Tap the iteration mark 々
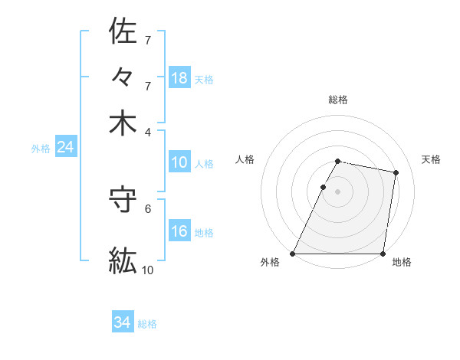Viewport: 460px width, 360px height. [123, 78]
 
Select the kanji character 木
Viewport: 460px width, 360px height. [123, 124]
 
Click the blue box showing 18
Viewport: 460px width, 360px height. [179, 78]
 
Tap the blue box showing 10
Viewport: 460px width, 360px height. [179, 162]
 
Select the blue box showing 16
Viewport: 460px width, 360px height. [179, 231]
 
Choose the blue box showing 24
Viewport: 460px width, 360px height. [65, 147]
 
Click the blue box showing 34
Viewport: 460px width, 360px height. [123, 323]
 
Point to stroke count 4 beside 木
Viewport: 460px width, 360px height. [148, 132]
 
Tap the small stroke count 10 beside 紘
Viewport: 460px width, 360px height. [148, 270]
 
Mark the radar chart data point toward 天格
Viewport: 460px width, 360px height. [396, 173]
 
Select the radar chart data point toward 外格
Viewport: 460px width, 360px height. [293, 254]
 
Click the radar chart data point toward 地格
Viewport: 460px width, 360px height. [383, 254]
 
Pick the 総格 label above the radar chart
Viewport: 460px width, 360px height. [338, 100]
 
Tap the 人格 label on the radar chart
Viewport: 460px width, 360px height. [245, 159]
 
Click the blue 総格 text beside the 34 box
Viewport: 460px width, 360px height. [147, 324]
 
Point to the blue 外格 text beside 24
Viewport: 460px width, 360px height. [41, 149]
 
